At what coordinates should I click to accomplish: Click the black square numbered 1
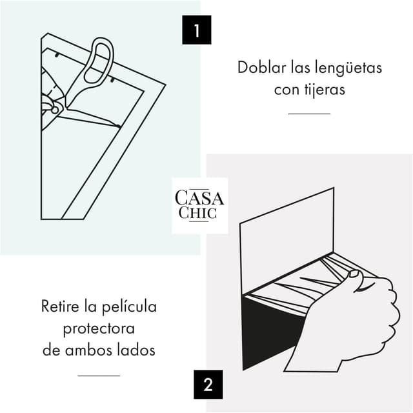click(196, 30)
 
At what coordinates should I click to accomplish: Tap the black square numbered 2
click(208, 385)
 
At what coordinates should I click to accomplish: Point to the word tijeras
click(324, 89)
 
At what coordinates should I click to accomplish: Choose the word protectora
click(99, 328)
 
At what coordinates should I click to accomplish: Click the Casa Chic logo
click(199, 205)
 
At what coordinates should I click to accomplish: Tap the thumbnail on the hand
click(354, 274)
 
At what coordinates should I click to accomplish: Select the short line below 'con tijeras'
click(308, 114)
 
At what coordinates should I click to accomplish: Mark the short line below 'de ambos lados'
click(99, 375)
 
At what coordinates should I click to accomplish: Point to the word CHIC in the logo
click(199, 213)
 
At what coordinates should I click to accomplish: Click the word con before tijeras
click(286, 89)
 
